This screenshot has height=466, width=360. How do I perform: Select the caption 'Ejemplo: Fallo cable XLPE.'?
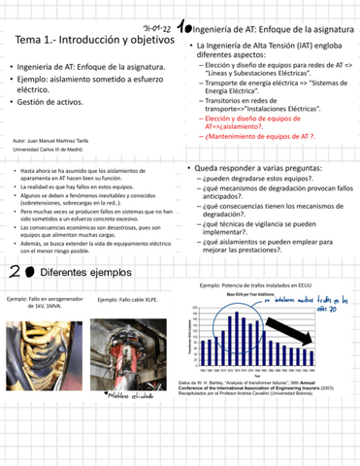(134, 301)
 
